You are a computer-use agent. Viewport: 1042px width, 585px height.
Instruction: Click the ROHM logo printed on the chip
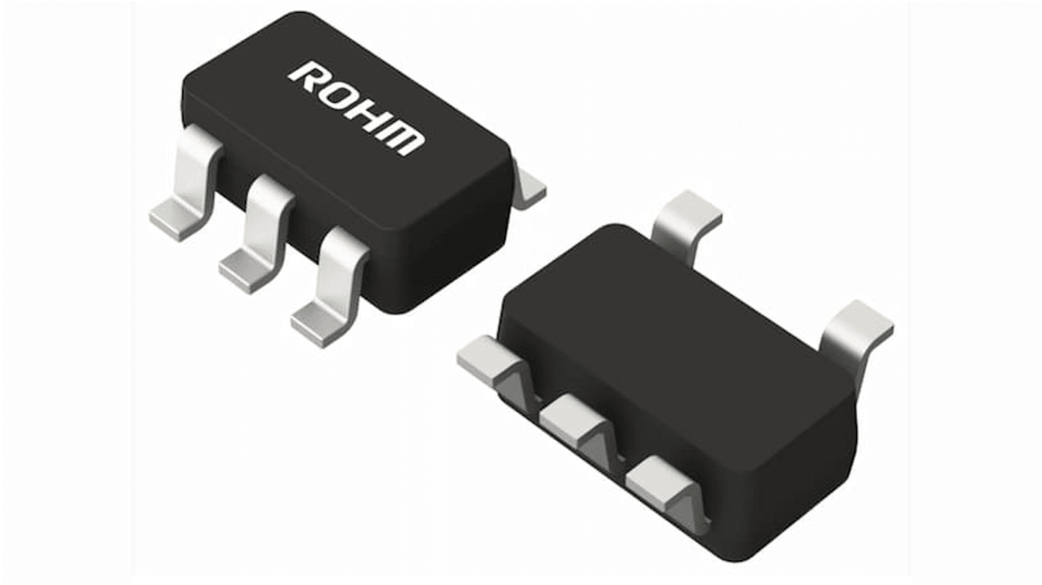tap(357, 108)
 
